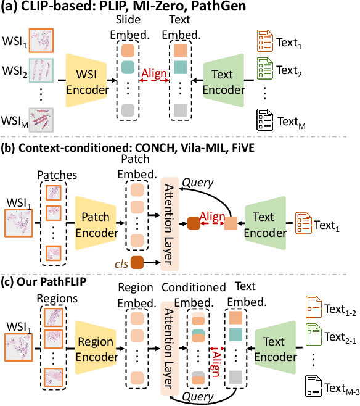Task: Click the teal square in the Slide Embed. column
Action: coord(128,66)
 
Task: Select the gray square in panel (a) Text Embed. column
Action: coord(180,110)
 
